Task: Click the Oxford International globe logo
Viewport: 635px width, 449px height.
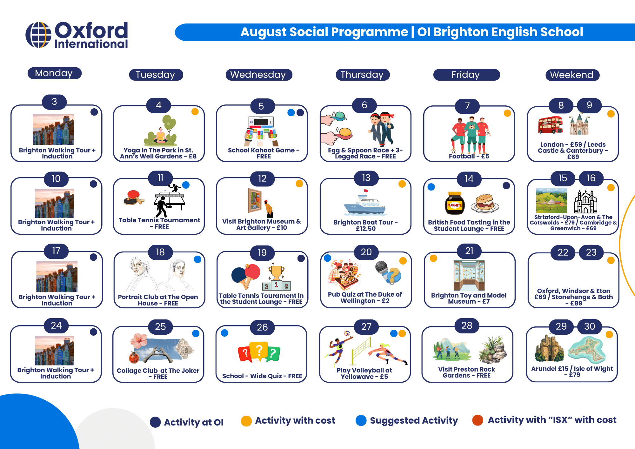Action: click(38, 35)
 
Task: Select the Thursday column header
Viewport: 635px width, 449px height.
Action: click(363, 75)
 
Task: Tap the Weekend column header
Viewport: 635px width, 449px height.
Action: click(572, 75)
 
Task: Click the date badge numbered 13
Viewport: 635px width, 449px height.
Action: click(366, 178)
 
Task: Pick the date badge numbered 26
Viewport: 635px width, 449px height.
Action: click(262, 327)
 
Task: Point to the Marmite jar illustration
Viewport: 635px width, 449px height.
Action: click(455, 203)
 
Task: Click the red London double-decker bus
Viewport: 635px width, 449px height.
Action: click(550, 125)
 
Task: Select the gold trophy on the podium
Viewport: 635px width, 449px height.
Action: click(277, 273)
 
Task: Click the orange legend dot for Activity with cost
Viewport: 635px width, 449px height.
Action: click(246, 421)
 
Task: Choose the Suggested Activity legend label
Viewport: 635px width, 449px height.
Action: click(414, 421)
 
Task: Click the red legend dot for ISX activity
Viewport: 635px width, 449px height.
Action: click(478, 420)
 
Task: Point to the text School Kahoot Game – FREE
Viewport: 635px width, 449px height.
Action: click(264, 153)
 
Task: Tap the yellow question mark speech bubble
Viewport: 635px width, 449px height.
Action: click(259, 351)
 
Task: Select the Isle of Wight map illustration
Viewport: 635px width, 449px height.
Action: click(587, 350)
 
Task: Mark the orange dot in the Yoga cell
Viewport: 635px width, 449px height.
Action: click(195, 112)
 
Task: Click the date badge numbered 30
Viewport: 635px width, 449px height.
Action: click(590, 326)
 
